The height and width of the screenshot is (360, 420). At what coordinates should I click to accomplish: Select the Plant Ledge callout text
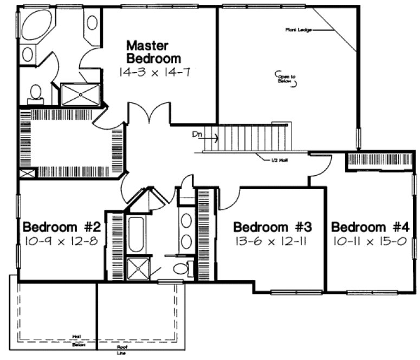point(296,30)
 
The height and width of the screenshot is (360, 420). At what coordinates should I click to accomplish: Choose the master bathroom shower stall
point(80,94)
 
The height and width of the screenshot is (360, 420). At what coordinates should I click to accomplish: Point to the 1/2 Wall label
point(280,160)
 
